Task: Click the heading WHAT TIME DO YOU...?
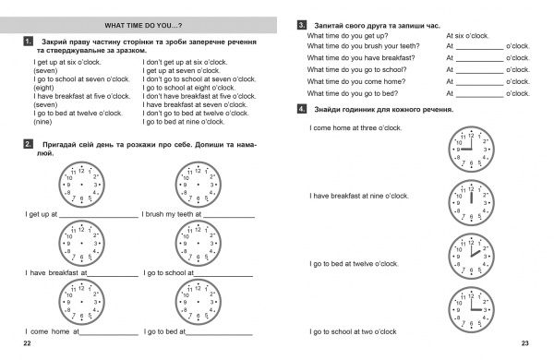pyautogui.click(x=143, y=26)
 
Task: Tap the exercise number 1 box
pyautogui.click(x=29, y=42)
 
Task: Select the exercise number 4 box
pyautogui.click(x=302, y=109)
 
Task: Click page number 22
pyautogui.click(x=27, y=343)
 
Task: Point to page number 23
pyautogui.click(x=525, y=343)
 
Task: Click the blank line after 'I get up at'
pyautogui.click(x=99, y=217)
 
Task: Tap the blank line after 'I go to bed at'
pyautogui.click(x=219, y=334)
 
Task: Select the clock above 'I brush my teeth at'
pyautogui.click(x=199, y=185)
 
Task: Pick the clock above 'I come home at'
pyautogui.click(x=81, y=302)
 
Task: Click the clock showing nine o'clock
pyautogui.click(x=471, y=150)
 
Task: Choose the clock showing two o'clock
pyautogui.click(x=471, y=257)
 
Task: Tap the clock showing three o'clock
pyautogui.click(x=471, y=310)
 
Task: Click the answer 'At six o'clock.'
pyautogui.click(x=467, y=36)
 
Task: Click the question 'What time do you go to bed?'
pyautogui.click(x=353, y=93)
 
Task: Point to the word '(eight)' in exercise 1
pyautogui.click(x=43, y=88)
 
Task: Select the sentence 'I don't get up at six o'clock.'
pyautogui.click(x=185, y=62)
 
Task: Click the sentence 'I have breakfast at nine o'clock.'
pyautogui.click(x=359, y=196)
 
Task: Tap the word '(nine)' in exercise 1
pyautogui.click(x=42, y=122)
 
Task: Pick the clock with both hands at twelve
pyautogui.click(x=471, y=203)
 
